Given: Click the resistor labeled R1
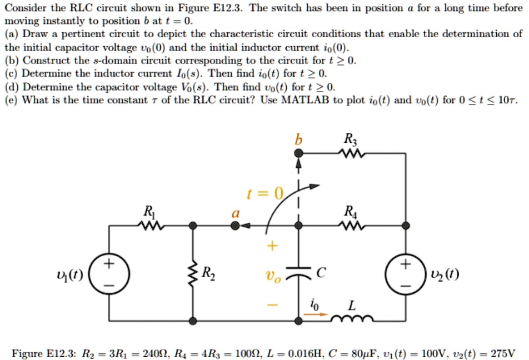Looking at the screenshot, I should pos(149,226).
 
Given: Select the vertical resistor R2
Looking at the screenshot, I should pos(193,273).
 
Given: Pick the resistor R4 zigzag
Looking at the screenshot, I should pos(352,226).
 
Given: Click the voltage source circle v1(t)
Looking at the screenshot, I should pos(109,273).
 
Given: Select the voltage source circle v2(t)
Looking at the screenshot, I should pos(406,273).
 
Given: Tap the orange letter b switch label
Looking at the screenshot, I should pos(298,141).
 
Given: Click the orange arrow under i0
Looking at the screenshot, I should pos(315,314).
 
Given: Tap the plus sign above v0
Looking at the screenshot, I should pos(272,245).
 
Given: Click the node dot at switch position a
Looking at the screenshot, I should pos(236,226).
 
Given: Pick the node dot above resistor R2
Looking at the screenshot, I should pos(193,226).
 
